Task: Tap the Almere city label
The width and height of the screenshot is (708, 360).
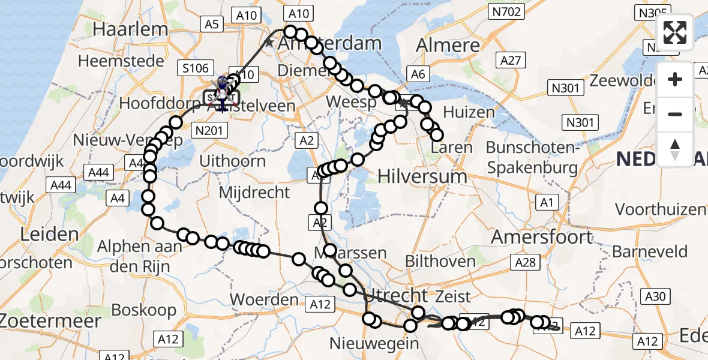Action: click(448, 45)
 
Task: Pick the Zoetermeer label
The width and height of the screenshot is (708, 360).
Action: click(51, 320)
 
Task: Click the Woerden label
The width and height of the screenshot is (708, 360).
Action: click(265, 299)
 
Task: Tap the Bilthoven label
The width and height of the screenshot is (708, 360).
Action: click(440, 261)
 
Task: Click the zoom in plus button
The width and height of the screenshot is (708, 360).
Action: click(675, 79)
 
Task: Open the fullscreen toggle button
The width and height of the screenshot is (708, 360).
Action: click(675, 32)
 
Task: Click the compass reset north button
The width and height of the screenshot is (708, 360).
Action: click(675, 149)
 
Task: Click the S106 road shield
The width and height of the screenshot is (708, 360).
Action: click(195, 68)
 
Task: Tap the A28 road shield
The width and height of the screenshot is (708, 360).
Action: click(527, 262)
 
